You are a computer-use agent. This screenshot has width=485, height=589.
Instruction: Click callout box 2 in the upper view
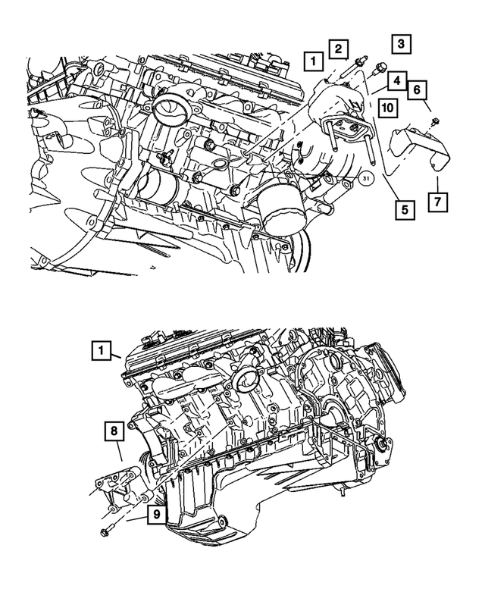pos(338,49)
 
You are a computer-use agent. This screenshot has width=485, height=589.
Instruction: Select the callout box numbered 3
pos(402,44)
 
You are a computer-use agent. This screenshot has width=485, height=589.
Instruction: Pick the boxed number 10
pos(386,108)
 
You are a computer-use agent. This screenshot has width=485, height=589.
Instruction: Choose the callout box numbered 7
pos(437,202)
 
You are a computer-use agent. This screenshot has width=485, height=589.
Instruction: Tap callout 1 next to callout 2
pos(311,58)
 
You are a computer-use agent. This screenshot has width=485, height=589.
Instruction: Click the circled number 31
pos(366,178)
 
